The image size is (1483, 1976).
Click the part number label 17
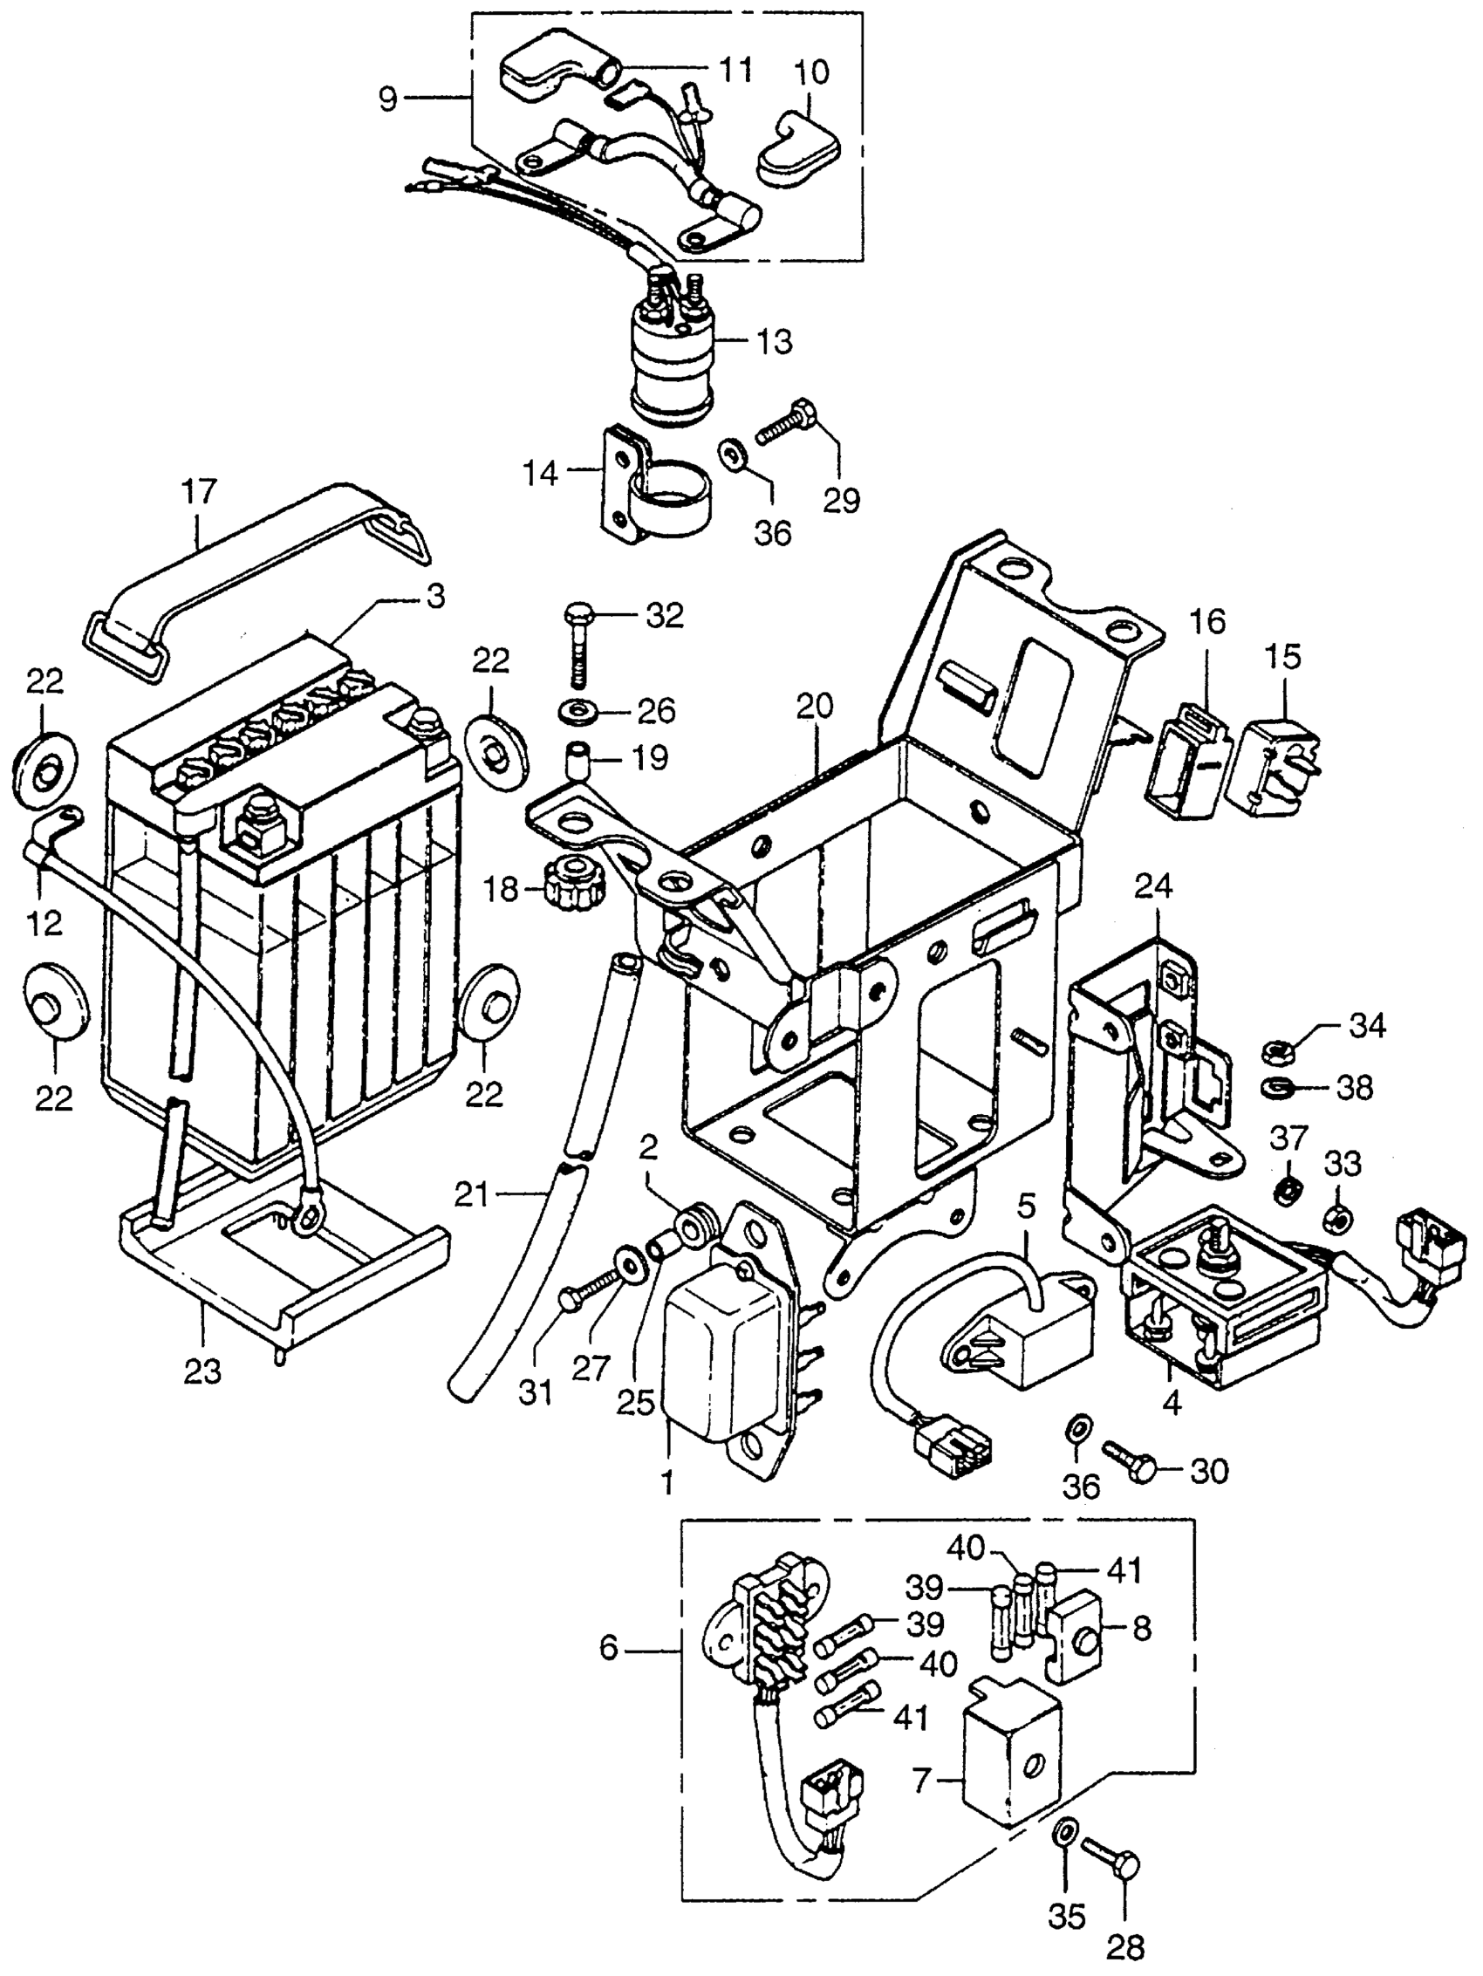click(199, 493)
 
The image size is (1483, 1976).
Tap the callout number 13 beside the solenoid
click(773, 342)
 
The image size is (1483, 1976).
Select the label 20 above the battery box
click(815, 707)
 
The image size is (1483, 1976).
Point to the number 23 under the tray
click(202, 1371)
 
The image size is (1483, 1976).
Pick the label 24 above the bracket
click(1154, 887)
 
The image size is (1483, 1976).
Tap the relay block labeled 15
click(1271, 759)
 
